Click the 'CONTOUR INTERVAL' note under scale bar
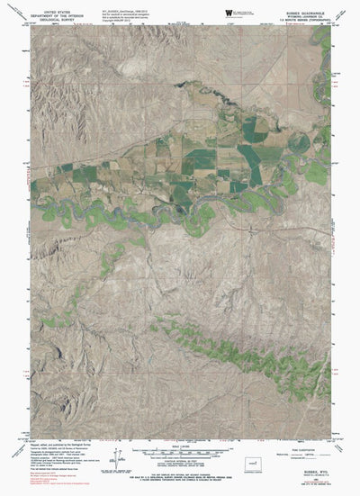[180, 461]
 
